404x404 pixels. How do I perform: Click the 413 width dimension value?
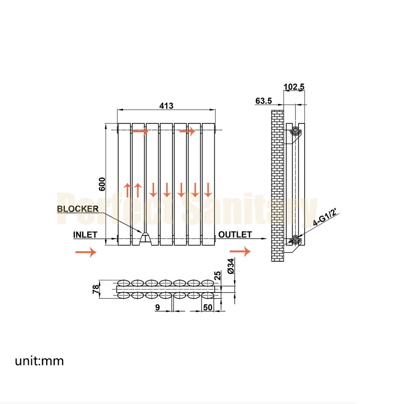click(x=166, y=106)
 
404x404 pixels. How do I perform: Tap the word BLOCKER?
click(x=78, y=209)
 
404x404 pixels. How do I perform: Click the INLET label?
click(x=85, y=234)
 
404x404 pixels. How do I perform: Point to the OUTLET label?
click(x=235, y=234)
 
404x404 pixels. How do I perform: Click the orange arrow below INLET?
click(x=86, y=252)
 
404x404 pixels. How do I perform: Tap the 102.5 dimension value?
click(x=294, y=87)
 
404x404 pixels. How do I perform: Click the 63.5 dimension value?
click(x=264, y=101)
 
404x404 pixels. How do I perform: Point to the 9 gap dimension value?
click(x=157, y=308)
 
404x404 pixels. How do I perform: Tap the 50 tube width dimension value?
click(x=207, y=308)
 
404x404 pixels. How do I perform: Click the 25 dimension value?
click(x=217, y=276)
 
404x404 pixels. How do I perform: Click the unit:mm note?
click(x=40, y=361)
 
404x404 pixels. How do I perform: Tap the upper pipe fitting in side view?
click(x=296, y=130)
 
